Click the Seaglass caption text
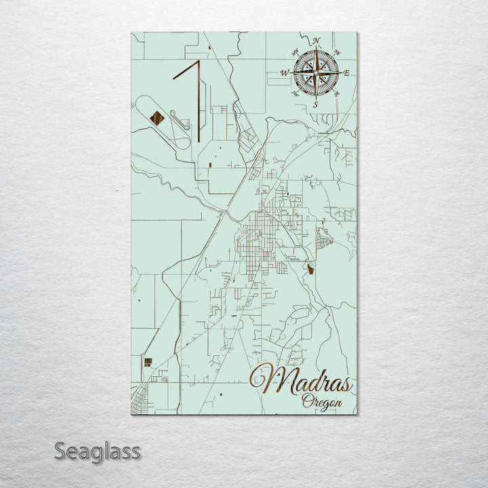pyautogui.click(x=97, y=451)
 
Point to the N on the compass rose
pyautogui.click(x=317, y=41)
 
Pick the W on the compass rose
pyautogui.click(x=285, y=73)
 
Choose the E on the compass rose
pyautogui.click(x=346, y=73)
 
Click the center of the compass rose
pyautogui.click(x=316, y=73)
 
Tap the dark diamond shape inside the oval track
pyautogui.click(x=157, y=119)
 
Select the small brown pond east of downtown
pyautogui.click(x=310, y=270)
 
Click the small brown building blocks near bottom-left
pyautogui.click(x=146, y=362)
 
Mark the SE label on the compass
pyautogui.click(x=337, y=94)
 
